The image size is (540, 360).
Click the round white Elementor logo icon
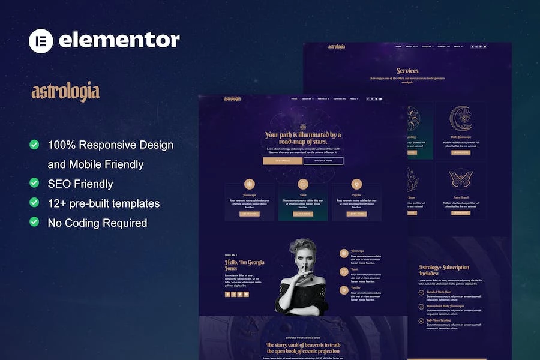pyautogui.click(x=41, y=40)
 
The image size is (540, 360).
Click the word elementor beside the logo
pyautogui.click(x=119, y=40)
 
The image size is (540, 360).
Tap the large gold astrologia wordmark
pyautogui.click(x=65, y=92)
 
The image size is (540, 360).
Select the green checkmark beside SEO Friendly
pyautogui.click(x=34, y=183)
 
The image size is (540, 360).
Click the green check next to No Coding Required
pyautogui.click(x=34, y=222)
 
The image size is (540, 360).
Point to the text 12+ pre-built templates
pyautogui.click(x=103, y=203)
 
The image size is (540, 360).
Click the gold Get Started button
pyautogui.click(x=283, y=161)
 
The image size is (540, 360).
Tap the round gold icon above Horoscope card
pyautogui.click(x=250, y=184)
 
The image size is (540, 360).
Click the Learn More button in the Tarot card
pyautogui.click(x=303, y=214)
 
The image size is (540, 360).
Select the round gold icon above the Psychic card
pyautogui.click(x=356, y=184)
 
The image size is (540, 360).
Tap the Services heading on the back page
pyautogui.click(x=407, y=71)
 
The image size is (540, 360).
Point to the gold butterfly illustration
pyautogui.click(x=461, y=178)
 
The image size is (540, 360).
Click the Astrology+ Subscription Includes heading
pyautogui.click(x=445, y=270)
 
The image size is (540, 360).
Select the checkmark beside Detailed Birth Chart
pyautogui.click(x=421, y=293)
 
